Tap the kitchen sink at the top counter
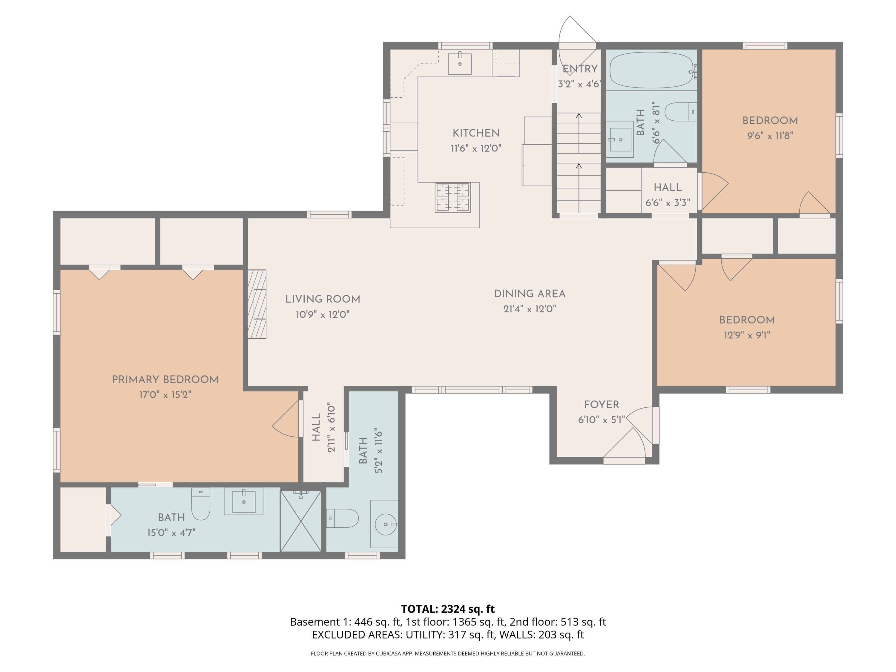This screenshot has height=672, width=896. pos(460,64)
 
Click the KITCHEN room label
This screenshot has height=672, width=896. pos(476,133)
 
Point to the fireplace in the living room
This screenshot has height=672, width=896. pos(257,304)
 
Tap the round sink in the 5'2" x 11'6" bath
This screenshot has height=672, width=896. pos(385,524)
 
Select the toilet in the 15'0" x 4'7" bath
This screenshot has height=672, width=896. pos(200,505)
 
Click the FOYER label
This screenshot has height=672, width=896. pos(602,404)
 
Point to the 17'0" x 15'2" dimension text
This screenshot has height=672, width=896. pos(165,395)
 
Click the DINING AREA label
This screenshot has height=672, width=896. pos(530,294)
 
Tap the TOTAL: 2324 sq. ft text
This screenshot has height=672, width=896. pos(448,609)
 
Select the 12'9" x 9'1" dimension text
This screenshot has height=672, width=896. pos(747,335)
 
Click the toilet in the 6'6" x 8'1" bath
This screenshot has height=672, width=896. pos(680,112)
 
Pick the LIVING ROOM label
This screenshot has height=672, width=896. pos(323,299)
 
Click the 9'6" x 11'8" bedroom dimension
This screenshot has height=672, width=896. pos(770,136)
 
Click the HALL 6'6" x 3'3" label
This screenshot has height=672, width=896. pos(668,188)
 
